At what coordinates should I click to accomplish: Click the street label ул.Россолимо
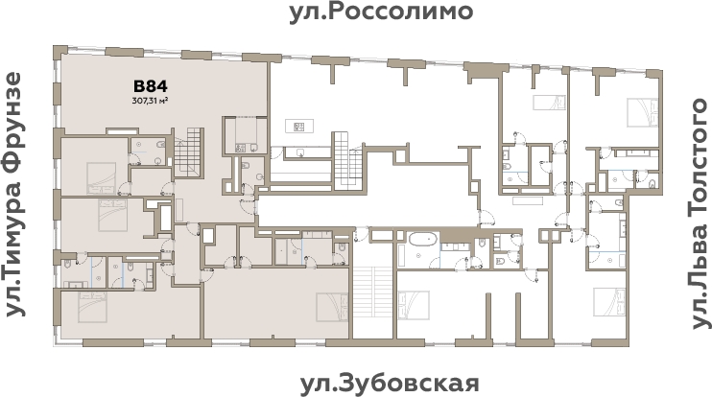[x=381, y=12]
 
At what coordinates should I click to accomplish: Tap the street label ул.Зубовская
[x=389, y=384]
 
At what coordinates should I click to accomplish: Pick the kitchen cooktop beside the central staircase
[x=298, y=126]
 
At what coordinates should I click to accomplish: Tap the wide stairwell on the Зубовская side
[x=373, y=301]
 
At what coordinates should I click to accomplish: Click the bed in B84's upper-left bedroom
[x=99, y=175]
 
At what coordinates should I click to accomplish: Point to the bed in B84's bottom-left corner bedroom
[x=92, y=309]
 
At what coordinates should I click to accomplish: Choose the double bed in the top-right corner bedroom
[x=637, y=110]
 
